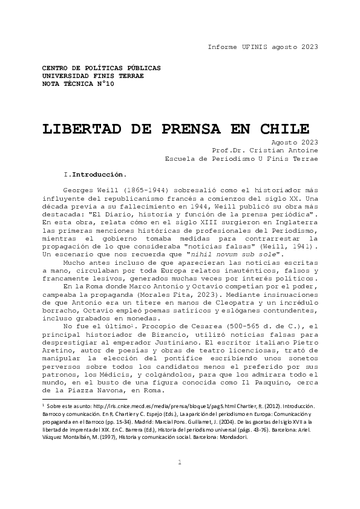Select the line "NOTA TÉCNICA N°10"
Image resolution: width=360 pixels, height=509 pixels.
tap(77, 84)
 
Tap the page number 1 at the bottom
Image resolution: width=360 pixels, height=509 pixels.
tap(180, 479)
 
